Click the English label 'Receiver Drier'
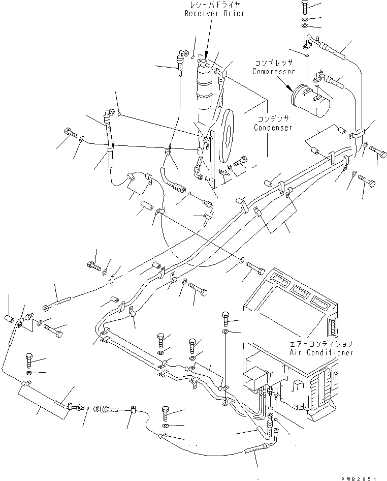tap(214, 14)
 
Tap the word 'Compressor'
tap(274, 72)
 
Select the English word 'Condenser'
tap(273, 128)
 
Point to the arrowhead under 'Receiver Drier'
tap(206, 56)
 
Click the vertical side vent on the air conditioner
tap(332, 327)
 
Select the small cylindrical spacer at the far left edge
tap(9, 319)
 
